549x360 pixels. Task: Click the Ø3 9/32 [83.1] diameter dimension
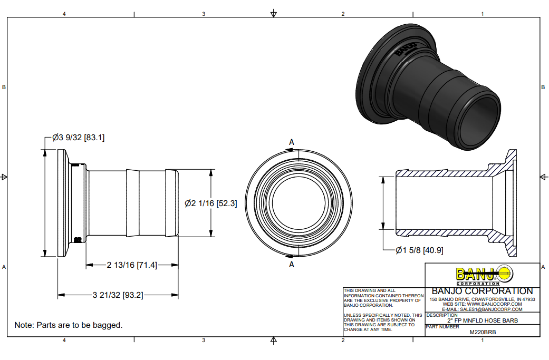coord(79,138)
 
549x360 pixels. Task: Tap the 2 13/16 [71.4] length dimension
coord(132,265)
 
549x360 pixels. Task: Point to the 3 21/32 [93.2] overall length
coord(118,295)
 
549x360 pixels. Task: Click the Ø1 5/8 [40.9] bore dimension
coord(419,250)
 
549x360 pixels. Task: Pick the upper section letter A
coord(292,142)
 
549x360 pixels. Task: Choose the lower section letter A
coord(292,265)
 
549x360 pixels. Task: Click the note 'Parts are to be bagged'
coord(69,325)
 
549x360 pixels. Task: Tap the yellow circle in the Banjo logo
coord(504,274)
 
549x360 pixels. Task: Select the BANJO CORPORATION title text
coord(482,291)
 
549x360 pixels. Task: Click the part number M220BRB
coord(483,332)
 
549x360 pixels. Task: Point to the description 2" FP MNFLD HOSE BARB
coord(483,320)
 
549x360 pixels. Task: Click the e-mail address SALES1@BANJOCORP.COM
coord(483,309)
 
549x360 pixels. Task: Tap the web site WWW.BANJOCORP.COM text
coord(483,304)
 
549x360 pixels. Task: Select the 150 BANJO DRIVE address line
coord(483,299)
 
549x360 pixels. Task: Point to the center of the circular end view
coord(298,203)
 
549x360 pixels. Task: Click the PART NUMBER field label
coord(442,327)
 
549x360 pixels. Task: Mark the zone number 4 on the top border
coord(64,14)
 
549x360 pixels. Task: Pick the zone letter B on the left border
coord(4,87)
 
